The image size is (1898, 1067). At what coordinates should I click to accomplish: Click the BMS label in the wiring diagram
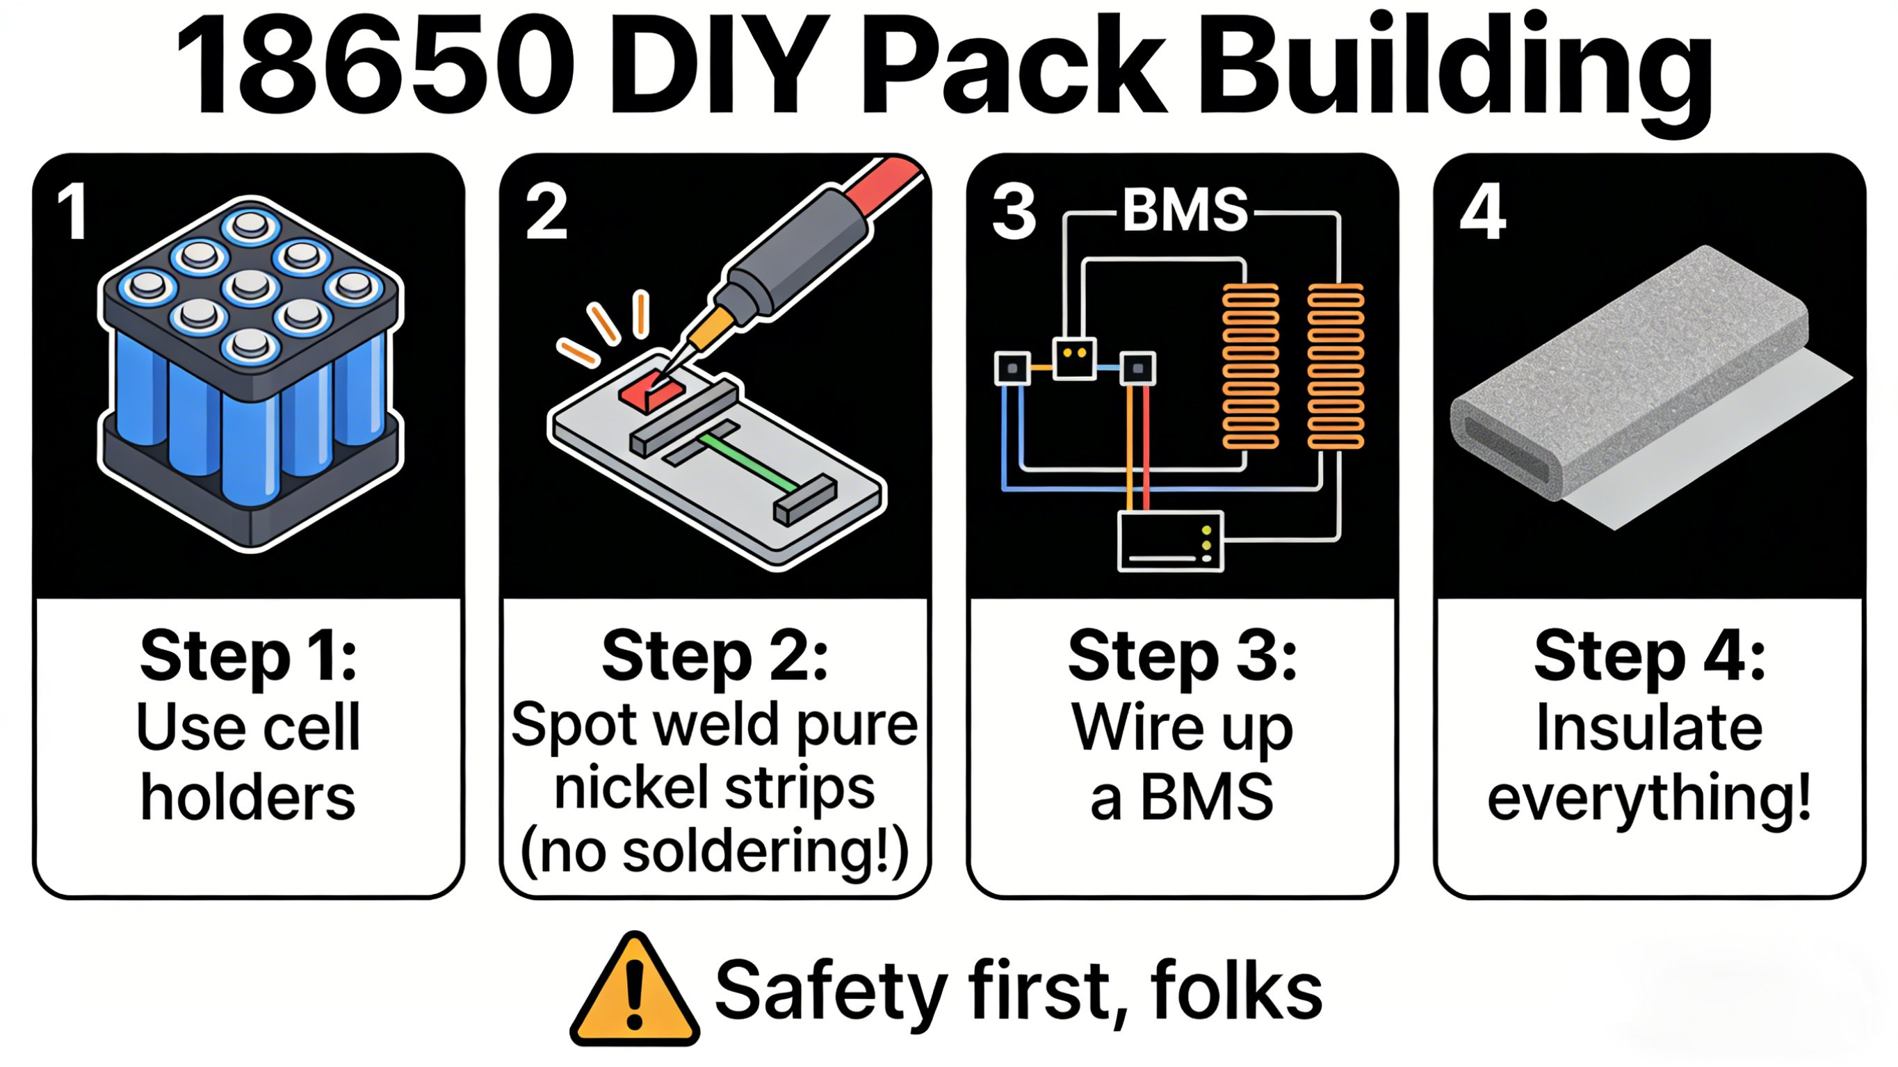click(1185, 211)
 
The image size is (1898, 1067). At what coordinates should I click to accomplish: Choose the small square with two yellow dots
click(1074, 359)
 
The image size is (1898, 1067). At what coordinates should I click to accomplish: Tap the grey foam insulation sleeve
click(1628, 376)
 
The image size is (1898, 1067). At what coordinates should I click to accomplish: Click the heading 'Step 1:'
click(248, 655)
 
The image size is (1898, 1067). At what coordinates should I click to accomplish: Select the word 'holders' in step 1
click(248, 797)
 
